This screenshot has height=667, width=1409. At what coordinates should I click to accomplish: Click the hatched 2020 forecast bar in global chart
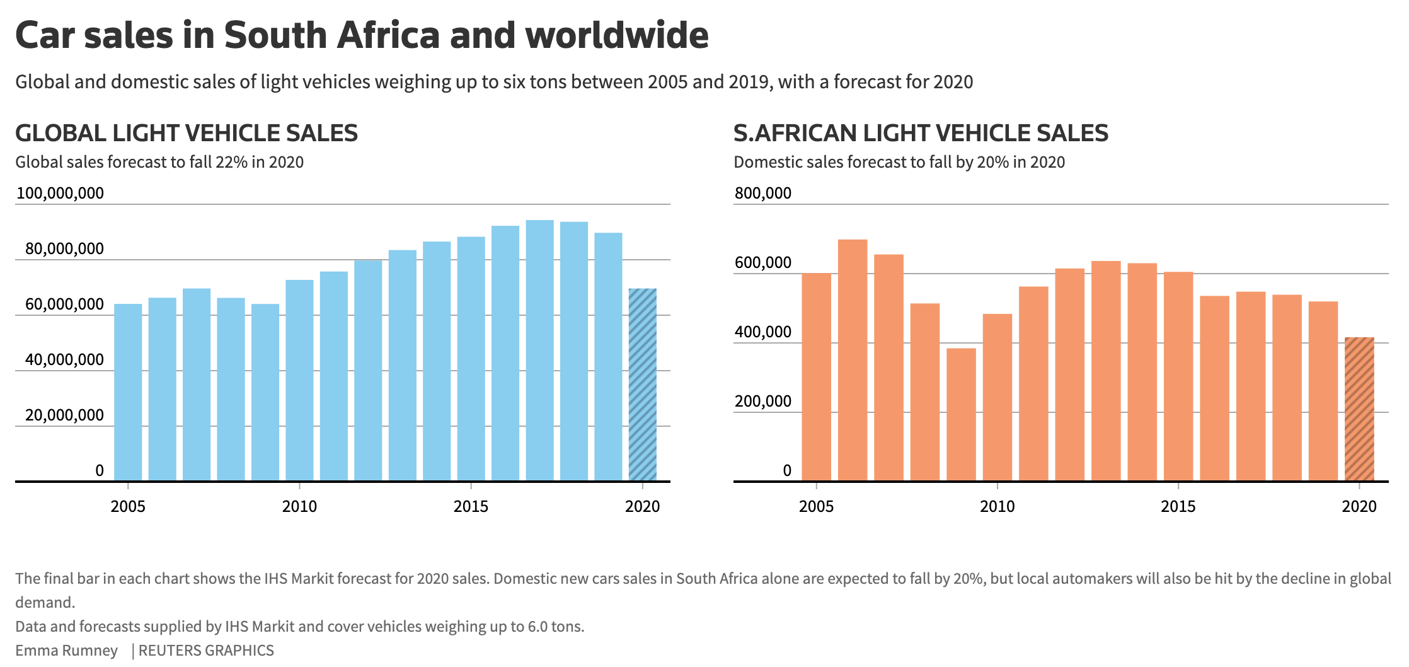[x=642, y=385]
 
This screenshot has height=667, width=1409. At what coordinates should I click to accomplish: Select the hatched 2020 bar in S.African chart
[x=1359, y=409]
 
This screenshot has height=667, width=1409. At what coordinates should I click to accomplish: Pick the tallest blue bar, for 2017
[x=539, y=351]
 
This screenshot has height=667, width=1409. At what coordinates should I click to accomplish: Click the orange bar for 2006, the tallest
[x=853, y=360]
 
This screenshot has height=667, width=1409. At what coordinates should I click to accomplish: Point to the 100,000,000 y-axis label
[x=60, y=193]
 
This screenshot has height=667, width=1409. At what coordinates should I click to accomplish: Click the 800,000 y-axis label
[x=762, y=193]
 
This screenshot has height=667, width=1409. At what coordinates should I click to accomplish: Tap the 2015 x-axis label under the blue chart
[x=471, y=506]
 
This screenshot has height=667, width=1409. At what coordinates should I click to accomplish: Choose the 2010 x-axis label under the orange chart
[x=997, y=506]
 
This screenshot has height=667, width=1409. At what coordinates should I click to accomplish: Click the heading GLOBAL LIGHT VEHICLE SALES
[x=186, y=133]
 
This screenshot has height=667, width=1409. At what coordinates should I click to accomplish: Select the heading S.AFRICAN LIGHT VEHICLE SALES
[x=920, y=133]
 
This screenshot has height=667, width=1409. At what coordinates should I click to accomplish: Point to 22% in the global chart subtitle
[x=231, y=162]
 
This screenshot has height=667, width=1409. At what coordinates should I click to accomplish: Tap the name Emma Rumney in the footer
[x=66, y=650]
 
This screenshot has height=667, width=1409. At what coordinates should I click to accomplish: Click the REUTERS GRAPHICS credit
[x=206, y=650]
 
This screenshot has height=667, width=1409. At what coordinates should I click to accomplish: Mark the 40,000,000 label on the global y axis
[x=64, y=359]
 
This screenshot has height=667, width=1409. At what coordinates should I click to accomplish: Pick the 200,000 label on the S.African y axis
[x=762, y=401]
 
